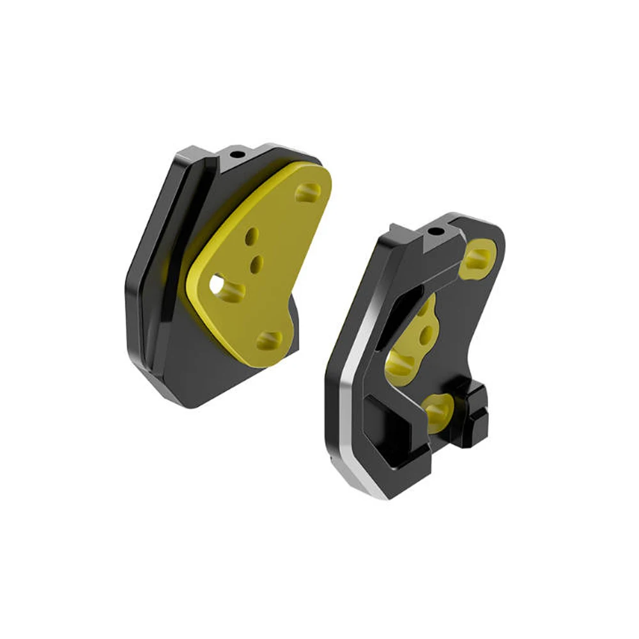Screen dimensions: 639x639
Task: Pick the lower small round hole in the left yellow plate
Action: tap(258, 261)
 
